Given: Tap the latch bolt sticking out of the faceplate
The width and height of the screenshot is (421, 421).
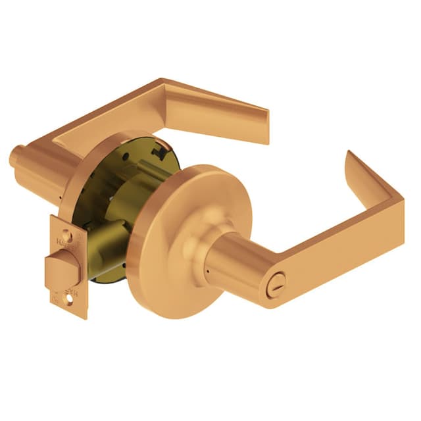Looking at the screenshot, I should (x=61, y=270).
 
